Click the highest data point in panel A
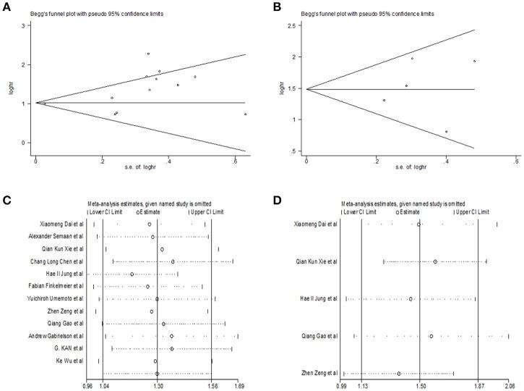pos(148,54)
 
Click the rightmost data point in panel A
pos(246,114)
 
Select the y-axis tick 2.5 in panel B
pos(295,26)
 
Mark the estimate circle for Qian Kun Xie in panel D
pos(435,261)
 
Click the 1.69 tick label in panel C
pos(239,387)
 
